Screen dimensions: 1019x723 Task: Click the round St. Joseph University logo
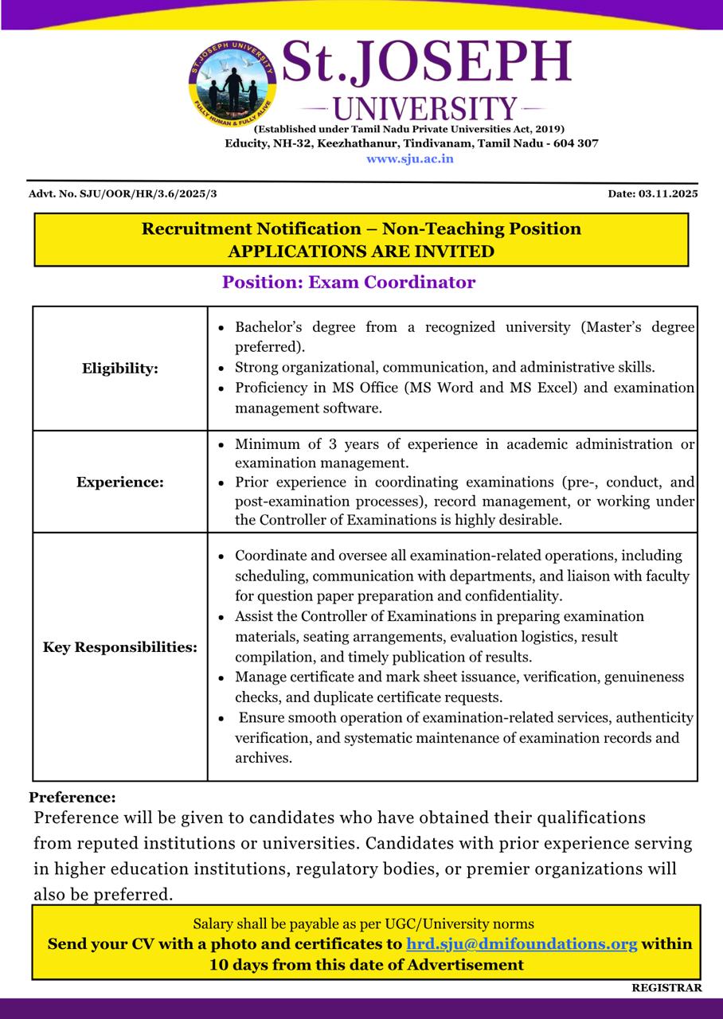(232, 84)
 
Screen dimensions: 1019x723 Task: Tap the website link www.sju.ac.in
(410, 158)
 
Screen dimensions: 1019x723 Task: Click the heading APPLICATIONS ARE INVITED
(361, 252)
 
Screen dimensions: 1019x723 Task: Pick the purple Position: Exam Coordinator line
(349, 282)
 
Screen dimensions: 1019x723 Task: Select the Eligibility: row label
(120, 368)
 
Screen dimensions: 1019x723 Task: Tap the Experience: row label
(120, 482)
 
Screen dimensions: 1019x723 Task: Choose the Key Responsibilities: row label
(120, 647)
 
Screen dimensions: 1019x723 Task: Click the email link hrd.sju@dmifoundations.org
(522, 944)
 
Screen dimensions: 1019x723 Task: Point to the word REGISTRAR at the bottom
(666, 988)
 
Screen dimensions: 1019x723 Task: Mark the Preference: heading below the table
(72, 797)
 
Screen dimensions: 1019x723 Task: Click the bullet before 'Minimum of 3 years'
(221, 444)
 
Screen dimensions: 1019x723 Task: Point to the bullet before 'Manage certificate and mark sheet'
(221, 677)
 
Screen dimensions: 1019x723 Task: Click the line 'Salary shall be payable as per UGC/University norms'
(364, 924)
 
